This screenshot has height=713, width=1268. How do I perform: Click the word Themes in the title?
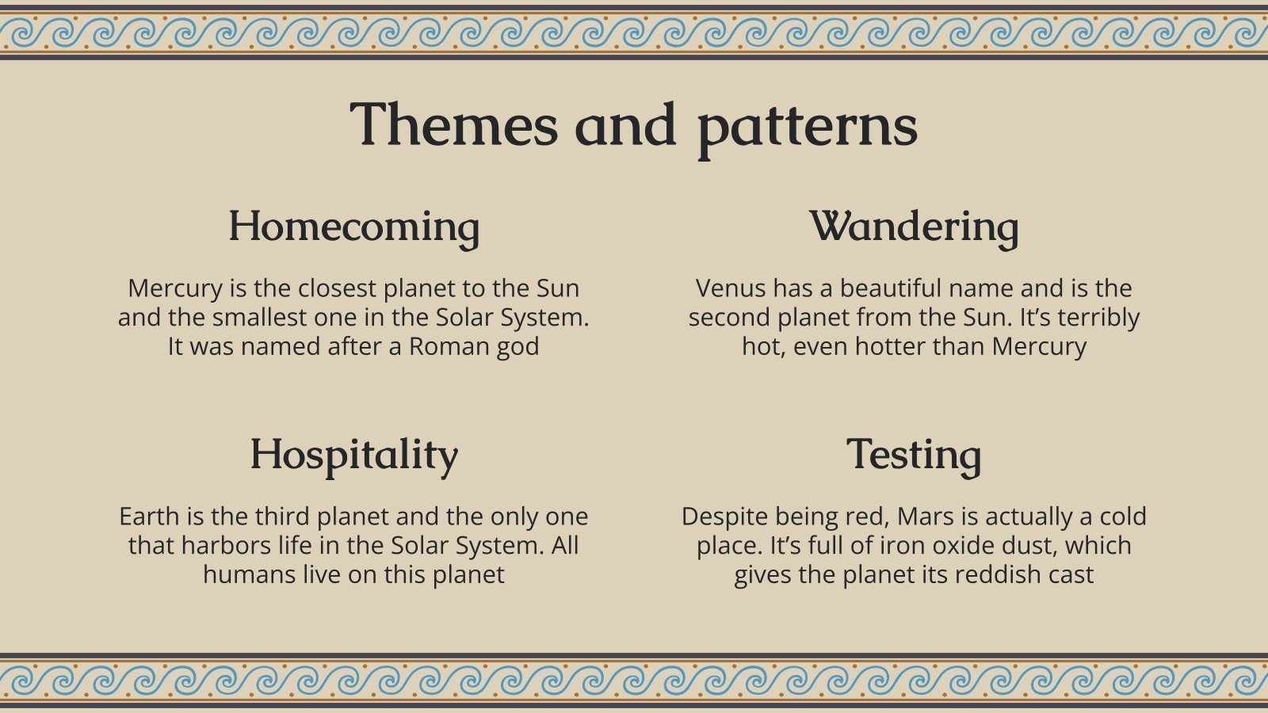click(453, 125)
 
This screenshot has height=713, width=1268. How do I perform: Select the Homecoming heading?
click(353, 227)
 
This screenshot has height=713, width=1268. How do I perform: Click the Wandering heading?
click(914, 227)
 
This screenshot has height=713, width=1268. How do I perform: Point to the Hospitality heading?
click(353, 455)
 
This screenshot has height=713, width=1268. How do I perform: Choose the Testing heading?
click(914, 455)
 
